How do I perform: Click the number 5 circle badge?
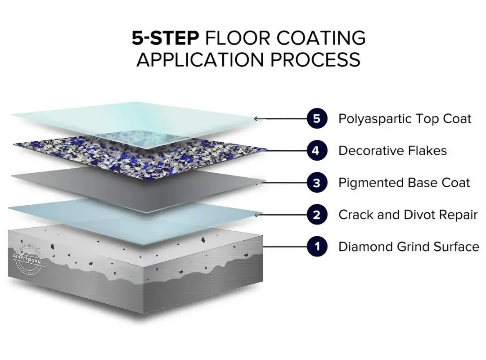(317, 118)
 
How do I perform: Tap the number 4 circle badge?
(317, 151)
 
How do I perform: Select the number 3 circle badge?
(317, 183)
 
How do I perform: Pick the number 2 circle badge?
(317, 215)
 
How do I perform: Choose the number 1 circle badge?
(317, 247)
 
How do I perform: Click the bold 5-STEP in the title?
(166, 38)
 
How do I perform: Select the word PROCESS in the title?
(315, 59)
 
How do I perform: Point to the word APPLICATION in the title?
(200, 59)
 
